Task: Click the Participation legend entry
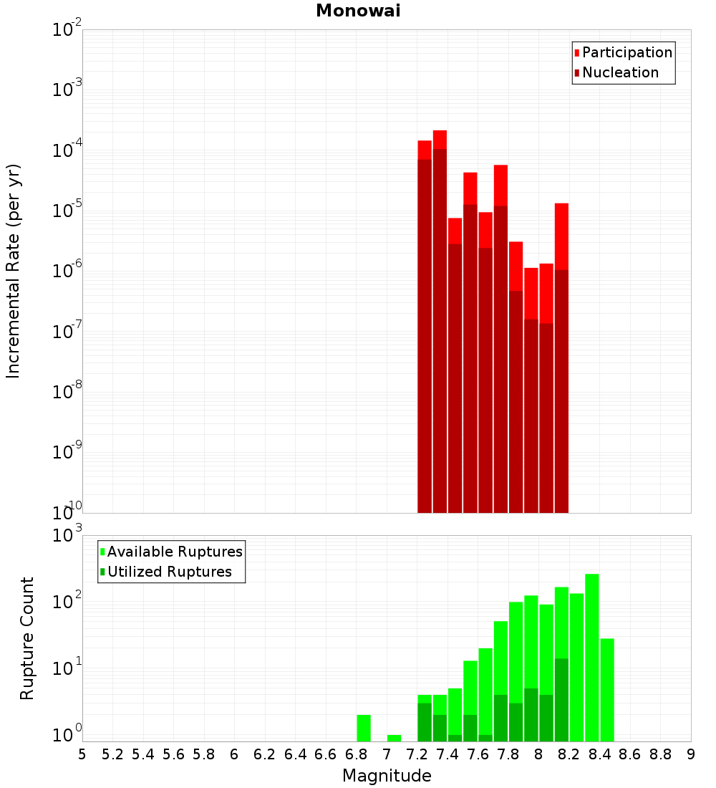(626, 52)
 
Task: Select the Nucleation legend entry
(619, 72)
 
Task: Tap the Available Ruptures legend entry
(174, 552)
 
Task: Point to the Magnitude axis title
(387, 776)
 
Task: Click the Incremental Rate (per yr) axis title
(13, 271)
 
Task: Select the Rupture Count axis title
(27, 638)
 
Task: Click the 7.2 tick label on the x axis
(417, 754)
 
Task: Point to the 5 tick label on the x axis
(82, 754)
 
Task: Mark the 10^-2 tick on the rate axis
(67, 30)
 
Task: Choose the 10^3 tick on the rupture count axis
(67, 536)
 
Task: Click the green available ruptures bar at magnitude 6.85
(364, 728)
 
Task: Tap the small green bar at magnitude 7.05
(394, 738)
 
